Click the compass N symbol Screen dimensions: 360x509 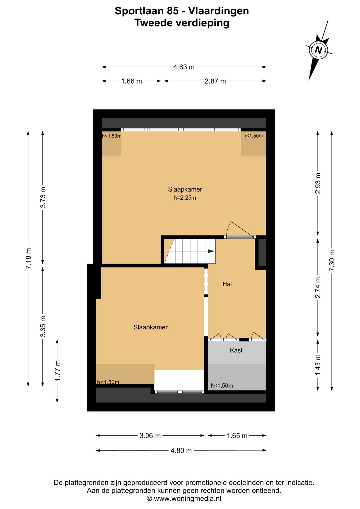[318, 50]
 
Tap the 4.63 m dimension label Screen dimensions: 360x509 [184, 67]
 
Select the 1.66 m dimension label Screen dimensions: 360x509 [131, 81]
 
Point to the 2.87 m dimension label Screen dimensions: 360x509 [215, 81]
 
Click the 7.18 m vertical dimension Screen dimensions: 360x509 [28, 259]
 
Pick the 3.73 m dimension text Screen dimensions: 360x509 [43, 197]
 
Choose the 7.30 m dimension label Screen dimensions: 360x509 [332, 260]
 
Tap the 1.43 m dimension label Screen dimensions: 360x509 [318, 365]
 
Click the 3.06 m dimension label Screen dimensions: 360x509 [150, 436]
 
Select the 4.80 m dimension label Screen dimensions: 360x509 [181, 450]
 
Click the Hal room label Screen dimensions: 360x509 [227, 284]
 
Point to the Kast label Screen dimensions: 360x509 [236, 350]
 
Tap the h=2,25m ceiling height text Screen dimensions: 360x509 [185, 198]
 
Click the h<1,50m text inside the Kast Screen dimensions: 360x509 [222, 386]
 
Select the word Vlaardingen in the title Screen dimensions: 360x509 [218, 11]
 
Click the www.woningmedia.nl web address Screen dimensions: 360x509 [187, 499]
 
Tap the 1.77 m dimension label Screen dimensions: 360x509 [57, 371]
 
